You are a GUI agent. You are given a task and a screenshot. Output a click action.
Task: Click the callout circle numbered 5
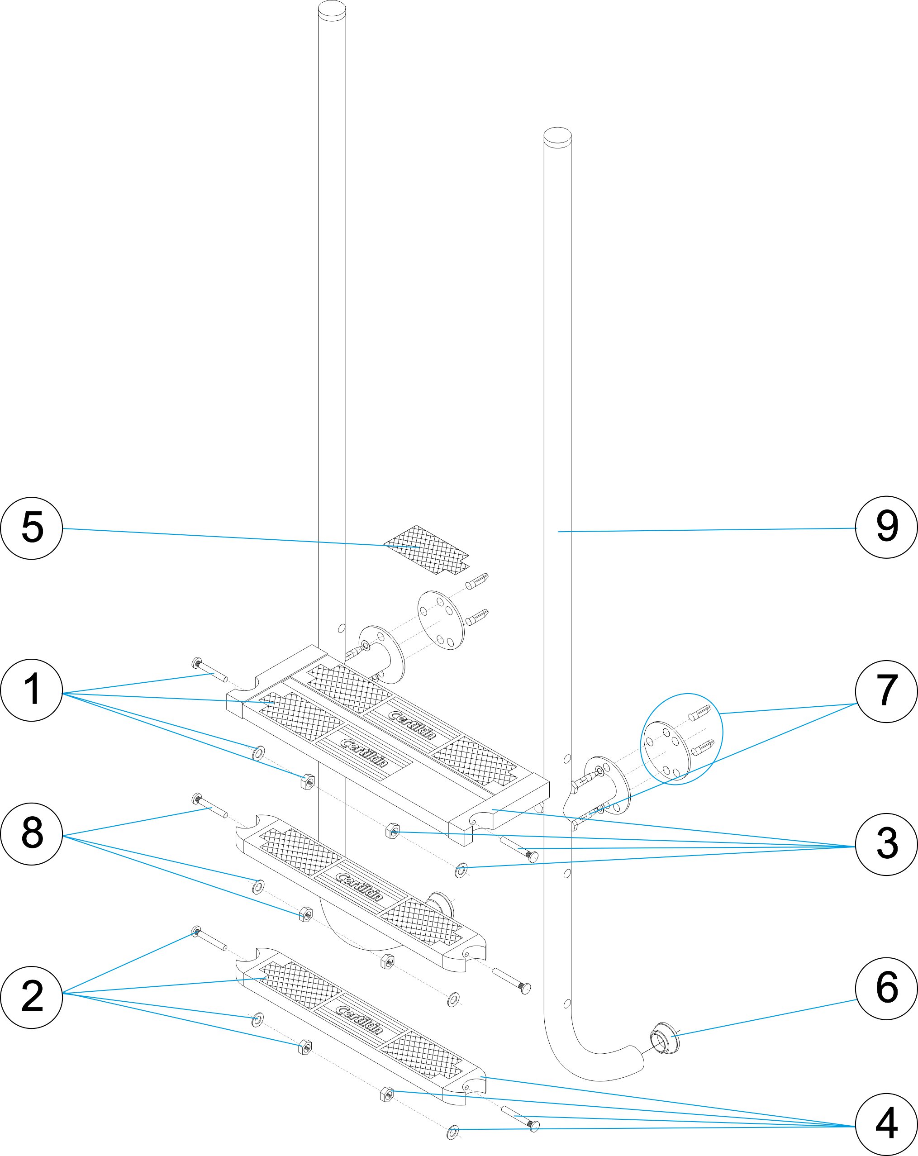32,528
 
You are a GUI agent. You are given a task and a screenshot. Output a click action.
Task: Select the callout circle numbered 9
886,527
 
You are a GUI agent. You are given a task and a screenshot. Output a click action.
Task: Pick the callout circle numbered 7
886,691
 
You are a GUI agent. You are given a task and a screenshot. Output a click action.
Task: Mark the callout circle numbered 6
886,988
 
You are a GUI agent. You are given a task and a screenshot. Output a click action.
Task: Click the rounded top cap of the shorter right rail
557,136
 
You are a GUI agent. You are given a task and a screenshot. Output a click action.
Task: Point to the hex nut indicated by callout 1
306,782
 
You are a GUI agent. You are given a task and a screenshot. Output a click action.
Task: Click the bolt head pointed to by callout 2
197,930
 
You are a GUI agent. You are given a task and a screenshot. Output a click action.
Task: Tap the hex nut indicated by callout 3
393,832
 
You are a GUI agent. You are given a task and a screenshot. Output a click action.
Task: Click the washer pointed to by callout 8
258,888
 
